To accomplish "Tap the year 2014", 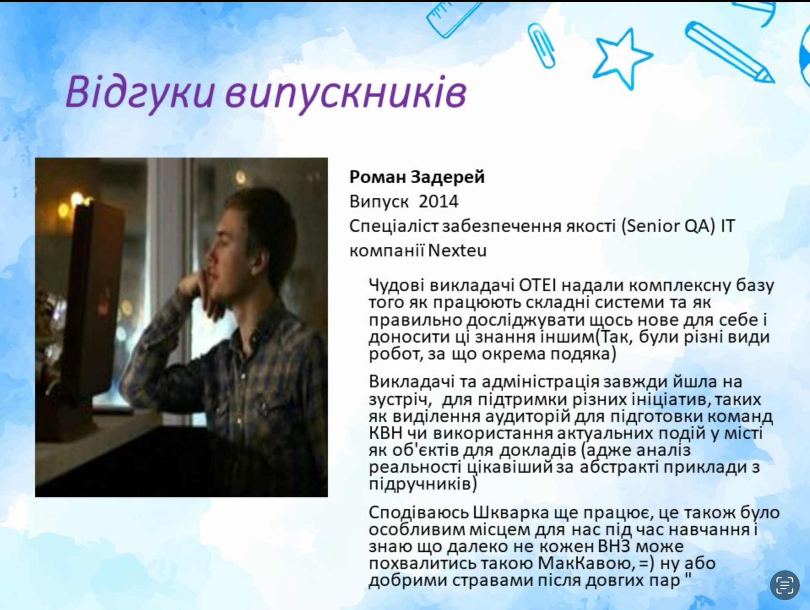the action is pos(439,202).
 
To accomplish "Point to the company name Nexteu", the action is pos(457,251).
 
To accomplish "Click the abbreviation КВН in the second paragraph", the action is pos(385,433).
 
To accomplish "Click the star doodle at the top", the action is pos(622,57).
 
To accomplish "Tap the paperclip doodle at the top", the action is pos(542,44).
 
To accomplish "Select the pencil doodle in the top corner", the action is pos(729,52).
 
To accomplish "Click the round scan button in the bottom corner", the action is pos(785,585).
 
